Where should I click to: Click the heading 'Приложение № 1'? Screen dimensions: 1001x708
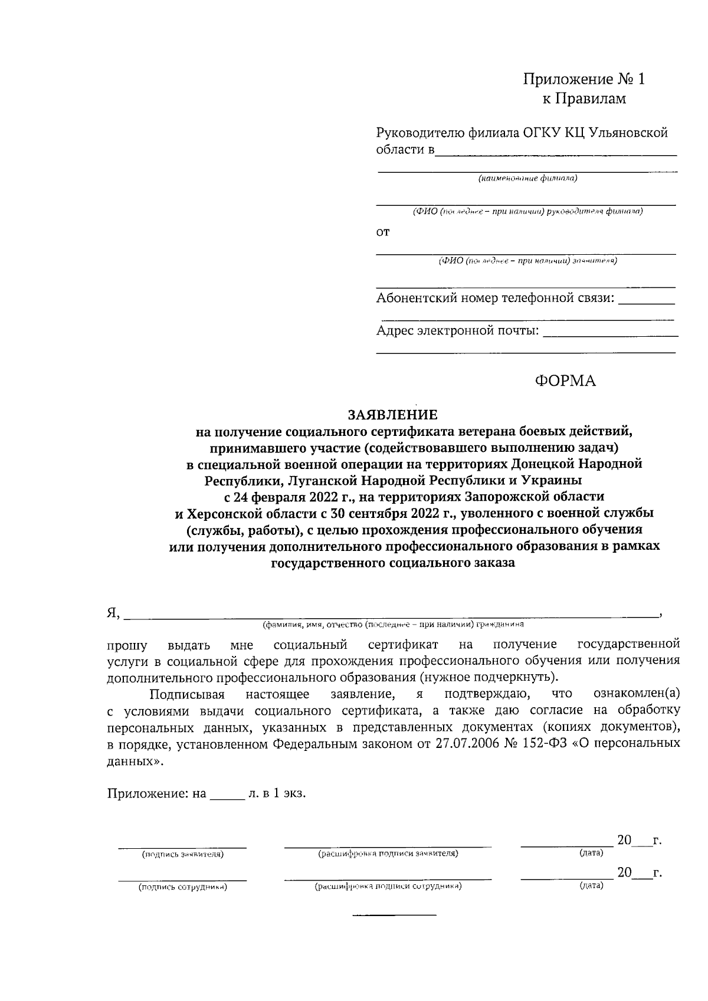tap(584, 80)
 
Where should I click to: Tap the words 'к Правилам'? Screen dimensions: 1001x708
tap(584, 99)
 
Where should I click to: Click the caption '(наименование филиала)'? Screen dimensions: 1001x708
tap(527, 178)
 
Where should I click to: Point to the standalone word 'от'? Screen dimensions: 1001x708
tap(383, 233)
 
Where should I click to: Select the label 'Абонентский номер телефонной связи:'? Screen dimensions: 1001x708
tap(494, 298)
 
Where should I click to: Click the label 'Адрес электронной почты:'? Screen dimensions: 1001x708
tap(458, 331)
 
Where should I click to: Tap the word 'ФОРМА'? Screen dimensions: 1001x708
tap(565, 382)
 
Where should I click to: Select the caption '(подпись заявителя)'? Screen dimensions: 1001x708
tap(182, 854)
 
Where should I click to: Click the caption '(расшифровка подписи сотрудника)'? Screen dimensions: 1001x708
tap(388, 887)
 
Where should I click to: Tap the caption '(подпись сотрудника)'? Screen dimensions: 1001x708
tap(182, 887)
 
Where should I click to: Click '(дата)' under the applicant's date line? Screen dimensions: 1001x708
tap(591, 853)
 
